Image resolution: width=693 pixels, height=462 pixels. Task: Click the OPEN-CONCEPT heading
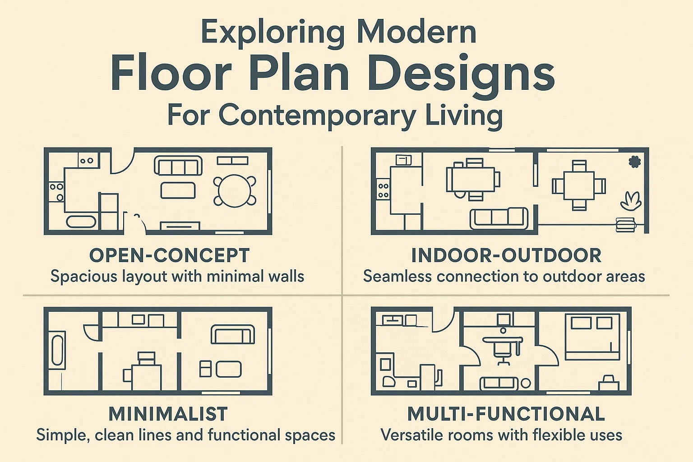click(x=169, y=255)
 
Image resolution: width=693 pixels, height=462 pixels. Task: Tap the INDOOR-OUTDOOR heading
click(x=506, y=255)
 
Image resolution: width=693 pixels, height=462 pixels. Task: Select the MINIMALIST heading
click(x=168, y=414)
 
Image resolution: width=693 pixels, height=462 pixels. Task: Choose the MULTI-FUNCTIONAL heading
click(x=506, y=414)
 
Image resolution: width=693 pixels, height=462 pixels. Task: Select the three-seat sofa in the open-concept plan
click(x=178, y=166)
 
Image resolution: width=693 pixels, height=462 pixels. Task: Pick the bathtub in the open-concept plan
click(x=81, y=222)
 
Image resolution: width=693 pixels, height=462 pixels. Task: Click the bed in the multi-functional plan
click(x=592, y=337)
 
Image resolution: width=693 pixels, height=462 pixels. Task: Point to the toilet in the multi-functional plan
click(x=389, y=382)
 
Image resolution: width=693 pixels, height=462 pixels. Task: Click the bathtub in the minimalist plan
click(x=57, y=350)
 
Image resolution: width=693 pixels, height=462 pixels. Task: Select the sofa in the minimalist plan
click(x=232, y=334)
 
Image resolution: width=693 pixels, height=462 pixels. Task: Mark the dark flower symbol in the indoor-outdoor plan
click(x=634, y=162)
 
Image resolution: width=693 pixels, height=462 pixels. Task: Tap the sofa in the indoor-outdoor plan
click(x=499, y=218)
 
